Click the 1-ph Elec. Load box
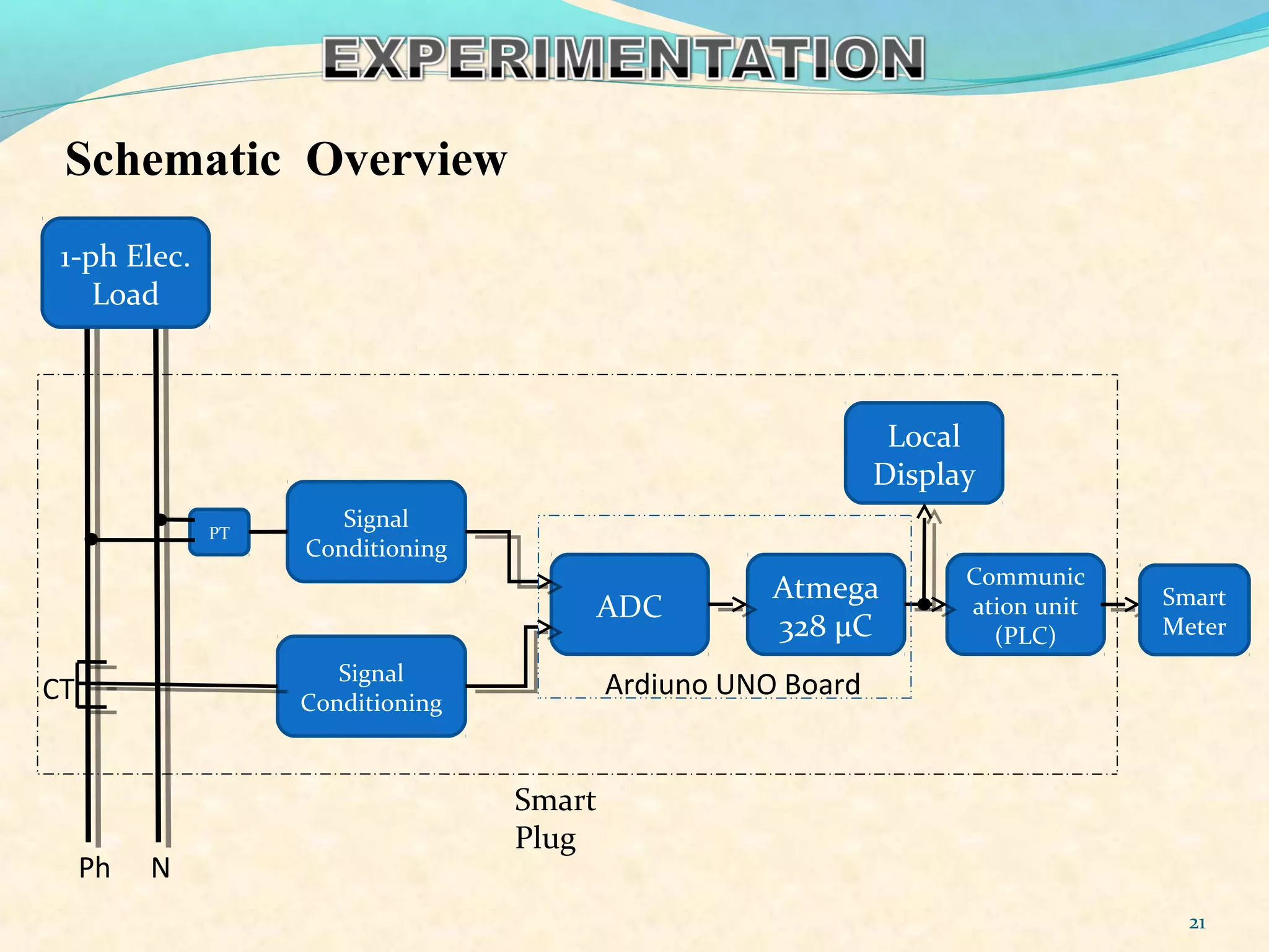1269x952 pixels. pyautogui.click(x=125, y=273)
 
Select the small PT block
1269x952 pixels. pyautogui.click(x=219, y=532)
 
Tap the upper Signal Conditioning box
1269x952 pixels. pyautogui.click(x=376, y=532)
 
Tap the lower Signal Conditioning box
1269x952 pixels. pyautogui.click(x=371, y=687)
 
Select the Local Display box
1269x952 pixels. pyautogui.click(x=924, y=454)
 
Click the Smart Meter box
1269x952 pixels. pyautogui.click(x=1194, y=610)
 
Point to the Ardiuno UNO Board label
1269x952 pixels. pyautogui.click(x=732, y=685)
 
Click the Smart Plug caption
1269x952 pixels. pyautogui.click(x=555, y=818)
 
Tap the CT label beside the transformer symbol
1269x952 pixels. pyautogui.click(x=58, y=689)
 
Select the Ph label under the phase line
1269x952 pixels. pyautogui.click(x=94, y=868)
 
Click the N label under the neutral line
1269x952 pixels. pyautogui.click(x=160, y=868)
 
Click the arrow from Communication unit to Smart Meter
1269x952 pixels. pyautogui.click(x=1122, y=604)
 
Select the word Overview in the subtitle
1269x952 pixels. pyautogui.click(x=406, y=159)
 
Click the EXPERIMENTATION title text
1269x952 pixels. pyautogui.click(x=623, y=58)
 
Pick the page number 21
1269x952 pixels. pyautogui.click(x=1197, y=923)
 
